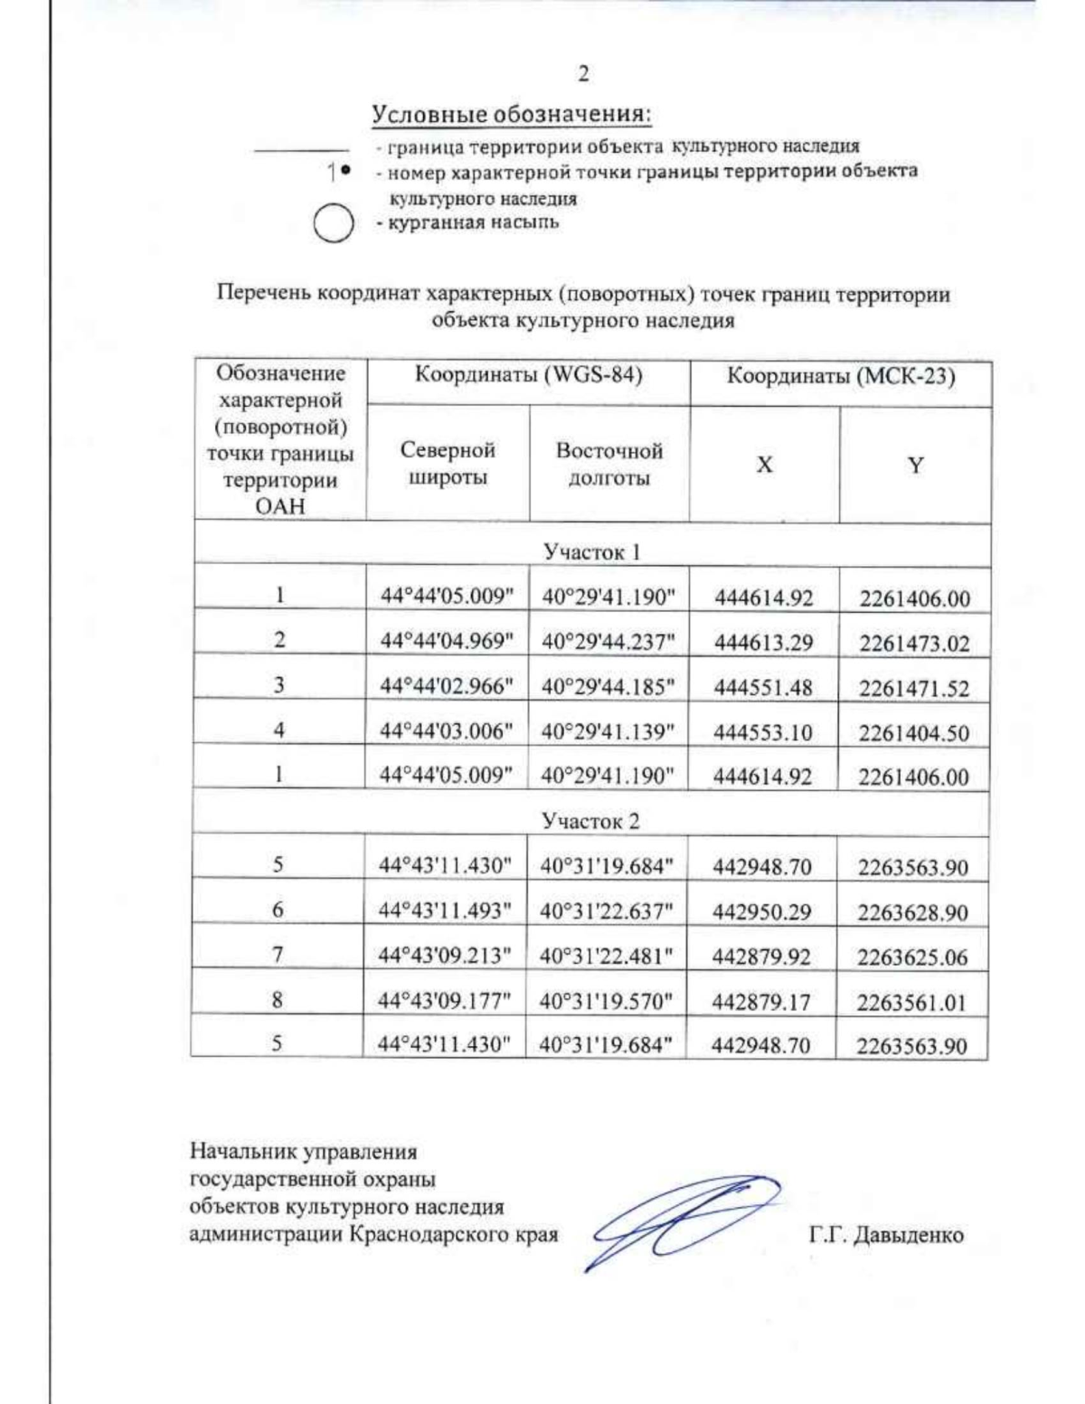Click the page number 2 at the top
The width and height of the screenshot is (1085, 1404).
(583, 74)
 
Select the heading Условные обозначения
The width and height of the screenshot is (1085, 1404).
(512, 115)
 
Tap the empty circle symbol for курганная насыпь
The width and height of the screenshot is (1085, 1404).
(333, 224)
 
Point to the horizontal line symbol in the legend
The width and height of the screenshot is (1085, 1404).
(301, 149)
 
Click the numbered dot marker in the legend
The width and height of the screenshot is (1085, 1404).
(340, 171)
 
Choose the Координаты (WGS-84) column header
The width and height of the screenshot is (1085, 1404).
(528, 375)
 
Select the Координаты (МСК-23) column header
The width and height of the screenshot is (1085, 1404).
(841, 375)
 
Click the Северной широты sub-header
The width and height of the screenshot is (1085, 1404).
(448, 463)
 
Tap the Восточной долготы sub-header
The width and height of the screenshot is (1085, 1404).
(609, 464)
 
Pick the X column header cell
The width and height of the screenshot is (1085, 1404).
(764, 465)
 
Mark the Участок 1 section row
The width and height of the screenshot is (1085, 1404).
(591, 551)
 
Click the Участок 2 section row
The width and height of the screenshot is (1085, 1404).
(590, 821)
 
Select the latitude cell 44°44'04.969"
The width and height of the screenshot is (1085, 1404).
(447, 641)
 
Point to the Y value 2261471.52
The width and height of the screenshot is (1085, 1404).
(914, 688)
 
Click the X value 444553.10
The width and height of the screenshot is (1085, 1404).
(763, 732)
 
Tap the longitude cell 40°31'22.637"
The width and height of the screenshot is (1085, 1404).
(607, 911)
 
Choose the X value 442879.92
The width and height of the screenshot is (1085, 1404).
(761, 956)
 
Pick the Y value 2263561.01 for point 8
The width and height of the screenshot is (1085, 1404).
(911, 1002)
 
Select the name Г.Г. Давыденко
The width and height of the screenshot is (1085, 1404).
(885, 1235)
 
